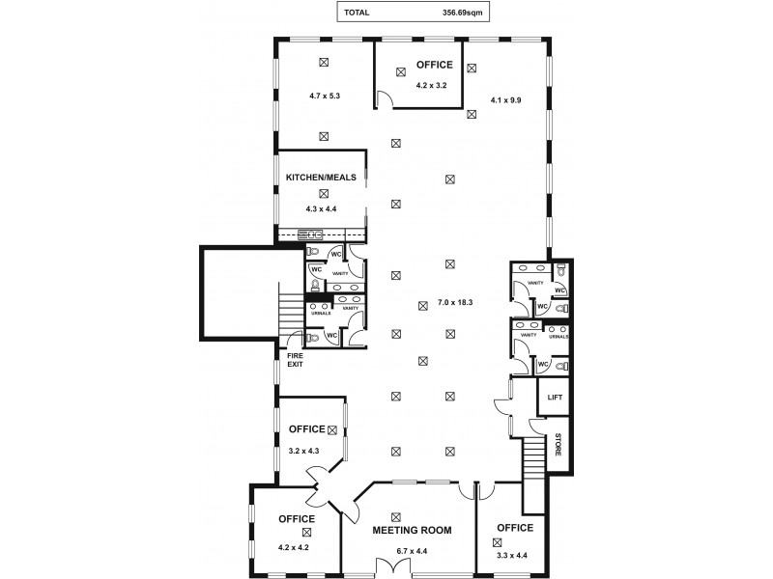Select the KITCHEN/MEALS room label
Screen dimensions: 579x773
coord(322,178)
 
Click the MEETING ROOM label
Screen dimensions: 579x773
coord(413,530)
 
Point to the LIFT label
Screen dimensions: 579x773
coord(555,398)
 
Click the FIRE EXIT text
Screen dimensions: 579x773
coord(295,360)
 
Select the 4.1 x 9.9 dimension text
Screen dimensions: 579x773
coord(505,98)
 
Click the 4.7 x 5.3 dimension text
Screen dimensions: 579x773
coord(326,96)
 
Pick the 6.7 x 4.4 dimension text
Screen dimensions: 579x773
coord(413,551)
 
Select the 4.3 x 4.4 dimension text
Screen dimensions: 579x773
coord(322,208)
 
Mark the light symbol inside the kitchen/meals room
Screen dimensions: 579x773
coord(324,193)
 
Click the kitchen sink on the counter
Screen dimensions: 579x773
coord(311,234)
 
